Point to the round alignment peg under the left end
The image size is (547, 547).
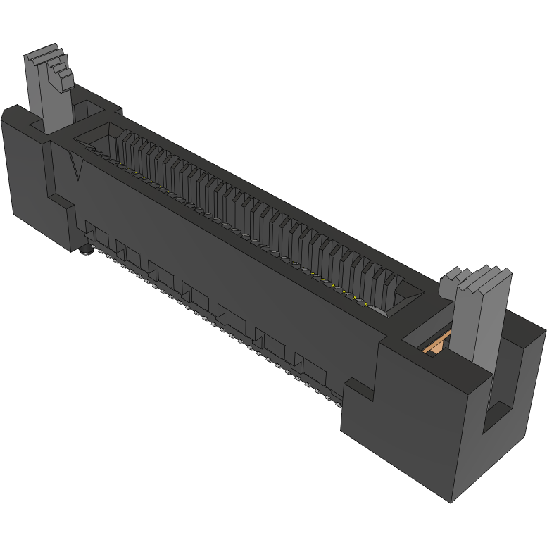pyautogui.click(x=86, y=249)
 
